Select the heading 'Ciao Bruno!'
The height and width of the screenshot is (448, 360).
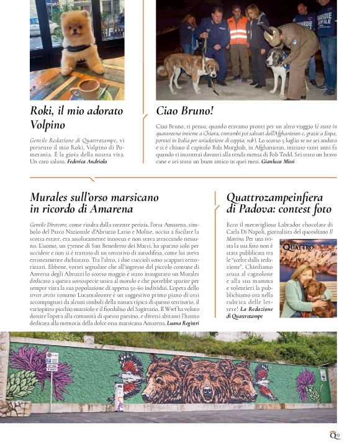tap(184, 112)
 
